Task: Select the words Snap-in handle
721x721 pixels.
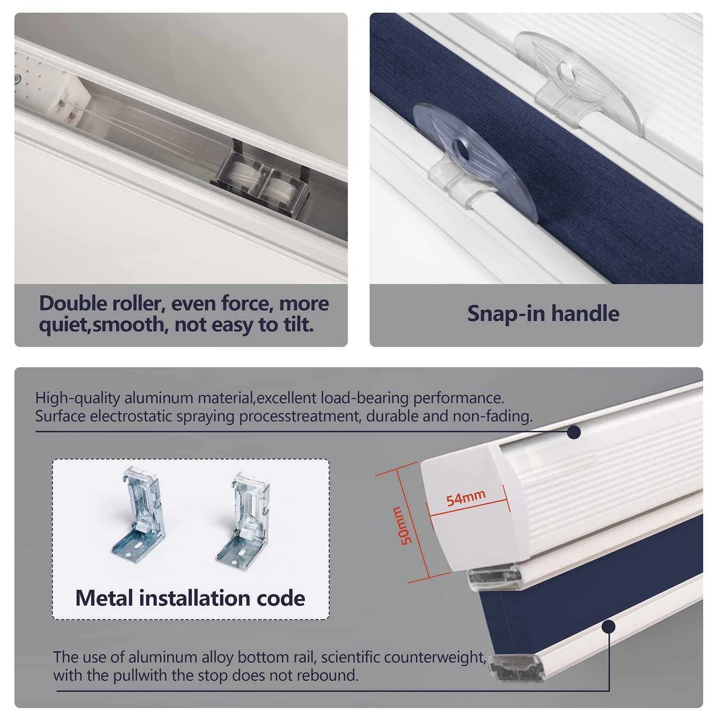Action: [x=543, y=313]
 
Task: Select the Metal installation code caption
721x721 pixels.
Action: [x=190, y=598]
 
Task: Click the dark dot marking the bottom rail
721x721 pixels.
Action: [x=609, y=627]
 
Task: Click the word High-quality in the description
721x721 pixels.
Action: [x=77, y=399]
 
